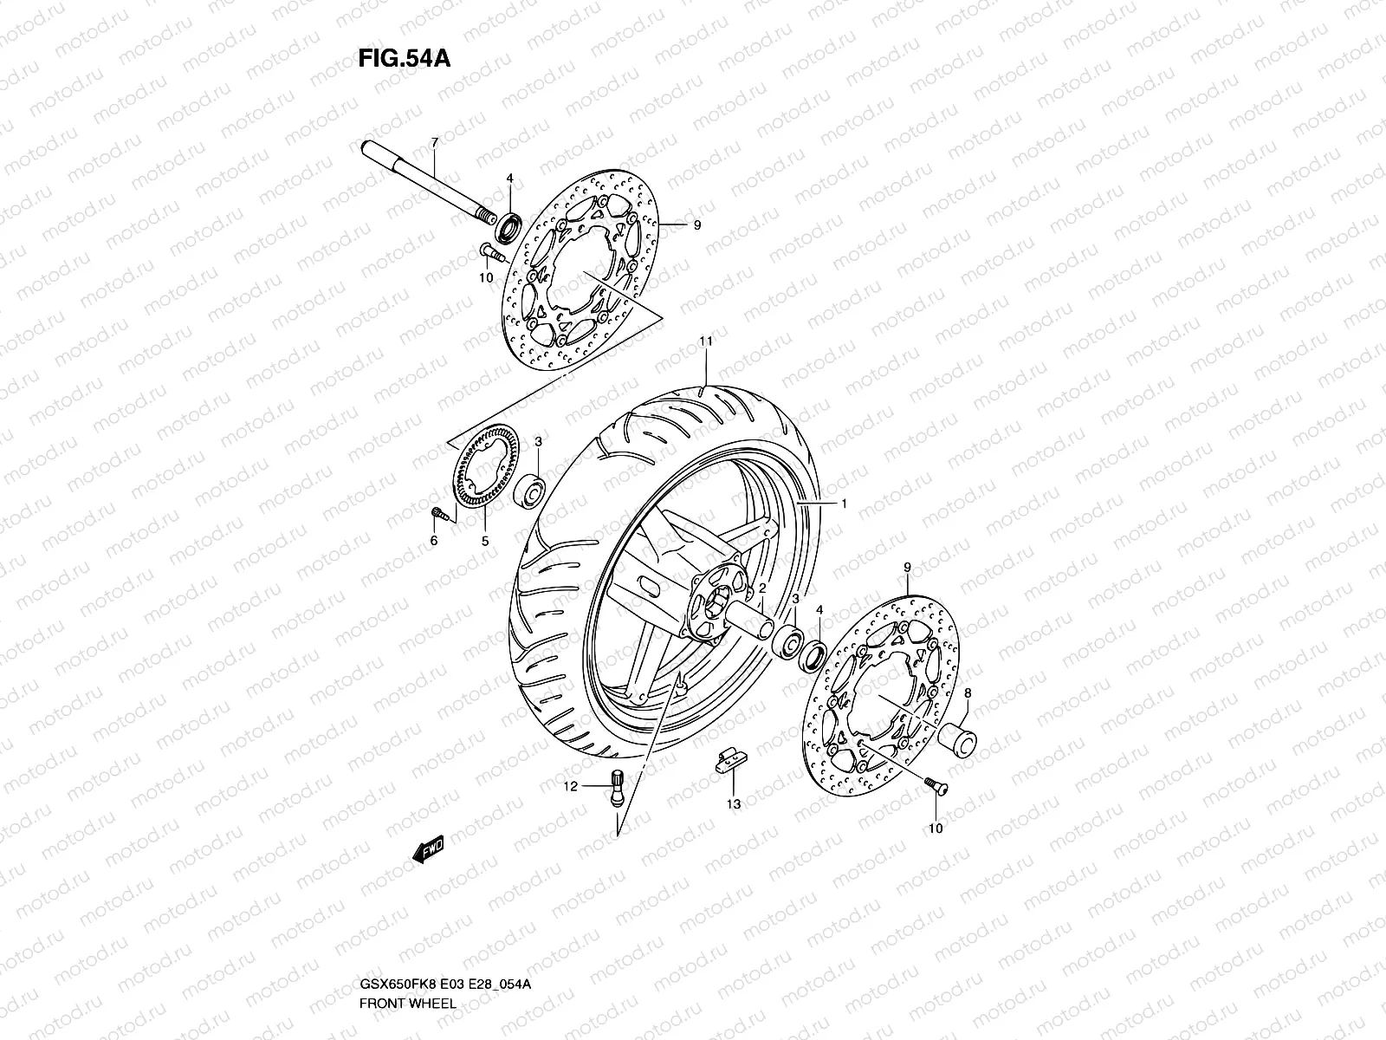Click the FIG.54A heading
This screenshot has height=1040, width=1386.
(x=404, y=58)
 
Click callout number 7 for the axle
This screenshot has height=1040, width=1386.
(x=435, y=141)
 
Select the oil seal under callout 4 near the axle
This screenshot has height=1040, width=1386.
(x=509, y=231)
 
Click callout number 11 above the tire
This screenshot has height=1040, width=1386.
(x=706, y=342)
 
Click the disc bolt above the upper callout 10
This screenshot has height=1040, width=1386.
(x=488, y=252)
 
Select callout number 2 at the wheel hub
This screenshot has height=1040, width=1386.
(x=762, y=588)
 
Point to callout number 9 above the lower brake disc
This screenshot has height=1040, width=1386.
(x=908, y=567)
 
